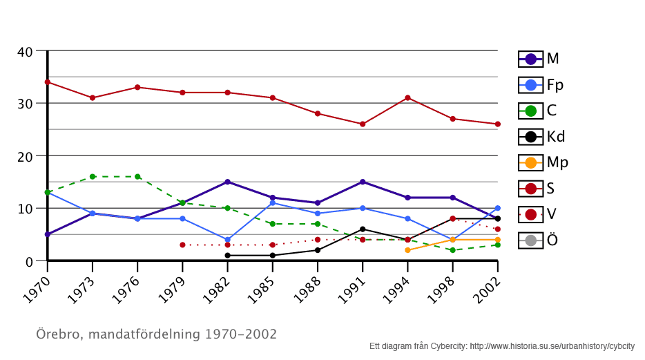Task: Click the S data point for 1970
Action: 48,82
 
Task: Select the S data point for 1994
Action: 407,98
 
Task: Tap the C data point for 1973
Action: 93,177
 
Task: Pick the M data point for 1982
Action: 227,182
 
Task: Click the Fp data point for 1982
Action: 227,240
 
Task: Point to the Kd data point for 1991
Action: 363,229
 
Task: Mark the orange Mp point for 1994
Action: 407,250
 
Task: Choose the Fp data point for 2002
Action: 497,208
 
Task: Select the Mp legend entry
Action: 541,162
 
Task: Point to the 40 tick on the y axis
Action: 25,51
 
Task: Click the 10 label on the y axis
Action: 25,209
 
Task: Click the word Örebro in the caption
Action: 57,334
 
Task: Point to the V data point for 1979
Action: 182,245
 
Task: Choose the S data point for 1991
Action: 363,124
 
